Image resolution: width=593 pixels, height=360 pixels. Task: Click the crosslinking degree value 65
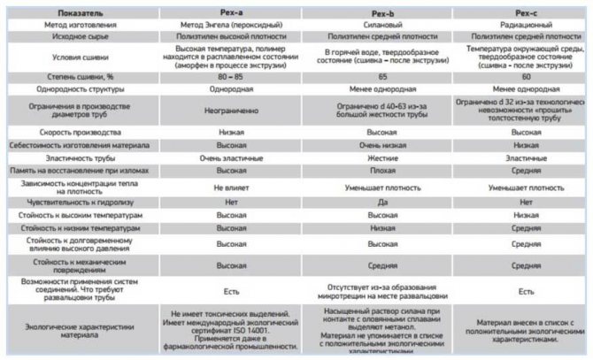(x=381, y=77)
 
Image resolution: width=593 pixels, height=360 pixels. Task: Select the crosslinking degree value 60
(x=525, y=77)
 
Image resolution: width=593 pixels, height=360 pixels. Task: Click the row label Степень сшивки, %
(x=80, y=77)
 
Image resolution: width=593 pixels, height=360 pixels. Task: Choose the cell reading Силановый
(x=381, y=26)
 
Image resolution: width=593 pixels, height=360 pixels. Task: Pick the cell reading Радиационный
(x=525, y=26)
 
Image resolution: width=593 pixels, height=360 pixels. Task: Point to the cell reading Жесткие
(x=381, y=157)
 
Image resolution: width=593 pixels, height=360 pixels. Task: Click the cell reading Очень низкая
(x=381, y=144)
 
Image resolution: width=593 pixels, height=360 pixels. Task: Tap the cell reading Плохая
(x=381, y=170)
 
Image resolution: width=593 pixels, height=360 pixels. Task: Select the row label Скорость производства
(x=80, y=131)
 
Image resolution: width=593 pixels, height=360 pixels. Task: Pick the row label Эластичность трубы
(x=80, y=157)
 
